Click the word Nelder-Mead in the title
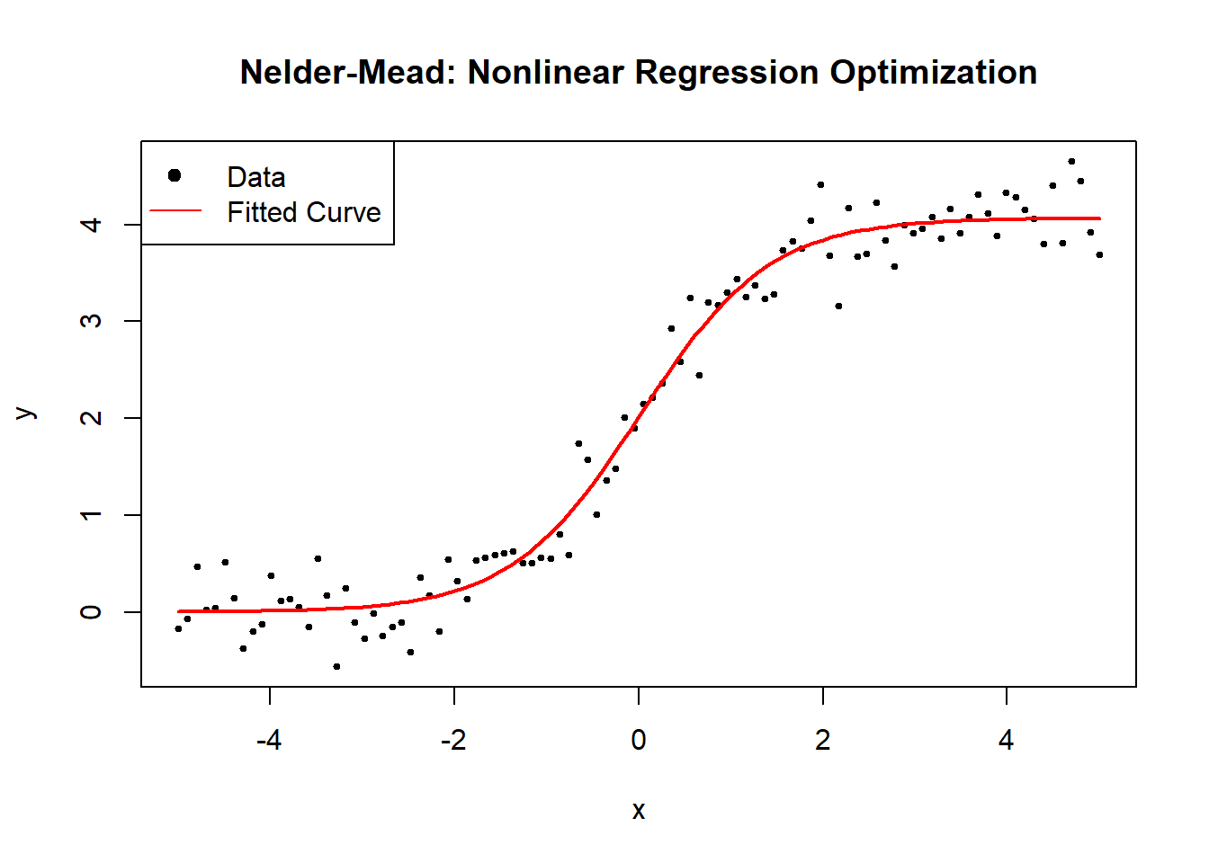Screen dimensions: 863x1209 [349, 72]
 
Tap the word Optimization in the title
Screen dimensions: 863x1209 [933, 72]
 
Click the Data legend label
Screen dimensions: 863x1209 [256, 177]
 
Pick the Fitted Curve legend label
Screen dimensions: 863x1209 [303, 212]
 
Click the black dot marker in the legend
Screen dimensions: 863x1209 [175, 175]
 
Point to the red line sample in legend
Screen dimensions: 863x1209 [175, 211]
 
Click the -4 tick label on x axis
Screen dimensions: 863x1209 [269, 740]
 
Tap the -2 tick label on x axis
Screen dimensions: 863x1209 [453, 740]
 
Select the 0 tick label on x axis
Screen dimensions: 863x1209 [639, 740]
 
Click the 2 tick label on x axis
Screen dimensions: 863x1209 [822, 740]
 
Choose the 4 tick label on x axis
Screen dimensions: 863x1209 [1006, 740]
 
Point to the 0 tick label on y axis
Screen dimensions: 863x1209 [91, 612]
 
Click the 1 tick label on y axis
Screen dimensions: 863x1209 [91, 515]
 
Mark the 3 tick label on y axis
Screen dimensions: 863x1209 [91, 321]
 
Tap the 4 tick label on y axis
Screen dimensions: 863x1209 [91, 224]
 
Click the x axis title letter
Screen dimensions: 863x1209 [639, 811]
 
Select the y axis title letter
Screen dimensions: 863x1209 [26, 414]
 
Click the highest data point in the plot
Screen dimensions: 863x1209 [1071, 162]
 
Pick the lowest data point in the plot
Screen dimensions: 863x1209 [336, 666]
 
